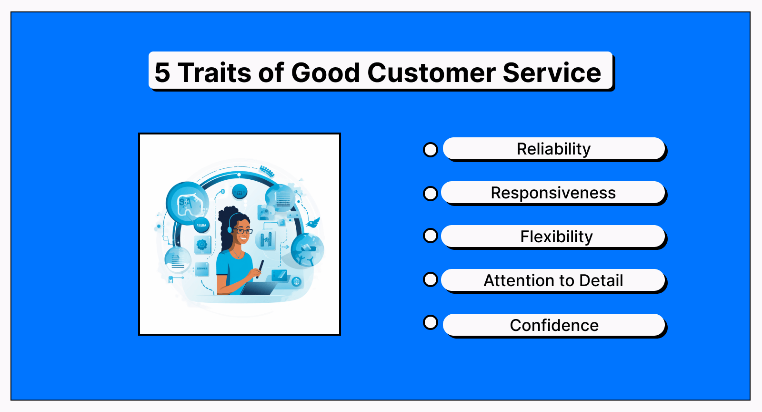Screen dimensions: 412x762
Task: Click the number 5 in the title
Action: click(162, 72)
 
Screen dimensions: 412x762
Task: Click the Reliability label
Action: click(553, 149)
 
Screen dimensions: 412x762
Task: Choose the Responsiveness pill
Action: click(553, 193)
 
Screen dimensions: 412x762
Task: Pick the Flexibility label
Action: click(556, 237)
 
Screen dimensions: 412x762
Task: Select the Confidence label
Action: click(554, 326)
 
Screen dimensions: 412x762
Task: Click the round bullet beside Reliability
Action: click(431, 150)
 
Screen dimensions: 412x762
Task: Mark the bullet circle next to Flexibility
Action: click(431, 236)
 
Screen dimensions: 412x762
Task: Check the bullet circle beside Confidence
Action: click(431, 322)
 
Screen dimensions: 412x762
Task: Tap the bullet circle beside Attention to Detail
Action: click(431, 279)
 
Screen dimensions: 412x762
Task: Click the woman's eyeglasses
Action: click(244, 231)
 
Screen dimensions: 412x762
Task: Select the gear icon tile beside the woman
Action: click(202, 245)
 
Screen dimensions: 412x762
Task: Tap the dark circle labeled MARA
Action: click(202, 225)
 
